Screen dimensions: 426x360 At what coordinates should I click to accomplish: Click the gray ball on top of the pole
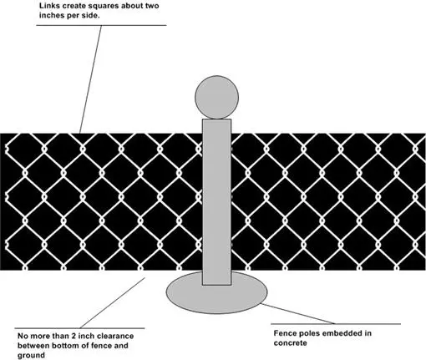[x=216, y=97]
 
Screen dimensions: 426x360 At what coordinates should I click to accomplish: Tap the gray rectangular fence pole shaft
[x=216, y=202]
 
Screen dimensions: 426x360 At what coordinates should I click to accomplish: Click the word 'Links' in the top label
[x=48, y=6]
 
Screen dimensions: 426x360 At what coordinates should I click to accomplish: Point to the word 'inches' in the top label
[x=52, y=15]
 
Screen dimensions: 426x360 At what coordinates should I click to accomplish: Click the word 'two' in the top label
[x=152, y=6]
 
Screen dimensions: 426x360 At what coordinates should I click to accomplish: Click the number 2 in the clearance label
[x=74, y=336]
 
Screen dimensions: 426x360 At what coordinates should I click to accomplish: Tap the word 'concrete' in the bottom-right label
[x=290, y=342]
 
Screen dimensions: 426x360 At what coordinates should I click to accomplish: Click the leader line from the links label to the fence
[x=90, y=79]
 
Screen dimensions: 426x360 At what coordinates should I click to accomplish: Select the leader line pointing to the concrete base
[x=297, y=313]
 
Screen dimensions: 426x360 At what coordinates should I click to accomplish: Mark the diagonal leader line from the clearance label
[x=113, y=302]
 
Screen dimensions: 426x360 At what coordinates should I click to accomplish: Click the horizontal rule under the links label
[x=101, y=25]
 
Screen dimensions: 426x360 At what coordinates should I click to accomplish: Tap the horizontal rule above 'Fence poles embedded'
[x=336, y=324]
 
